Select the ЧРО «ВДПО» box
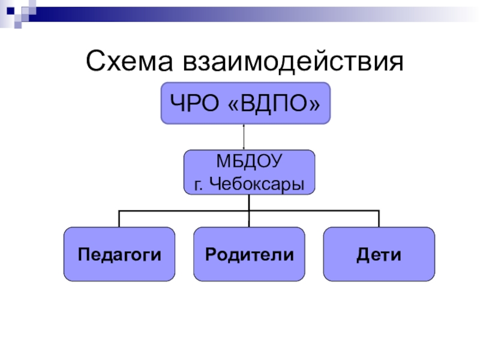[245, 103]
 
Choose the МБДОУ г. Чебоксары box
[248, 172]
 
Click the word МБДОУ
[248, 163]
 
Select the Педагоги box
[119, 254]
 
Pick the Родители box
[249, 254]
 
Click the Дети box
[379, 254]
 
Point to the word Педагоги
[119, 254]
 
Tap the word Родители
[249, 254]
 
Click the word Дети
[379, 254]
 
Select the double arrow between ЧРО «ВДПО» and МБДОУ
[244, 137]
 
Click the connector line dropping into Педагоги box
[119, 219]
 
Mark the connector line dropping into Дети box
[379, 219]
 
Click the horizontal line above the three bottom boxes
[180, 211]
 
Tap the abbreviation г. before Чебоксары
[198, 183]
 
